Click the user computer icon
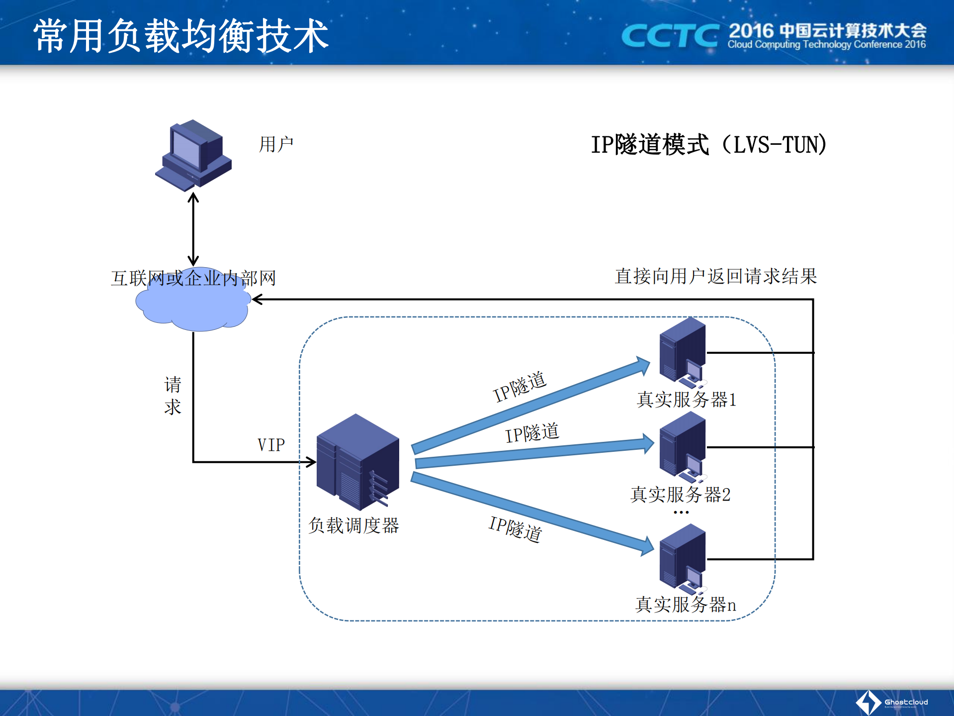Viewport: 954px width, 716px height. [193, 155]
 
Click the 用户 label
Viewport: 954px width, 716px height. [276, 144]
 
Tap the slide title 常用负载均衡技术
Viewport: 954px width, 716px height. [181, 36]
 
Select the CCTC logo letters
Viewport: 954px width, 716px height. [670, 36]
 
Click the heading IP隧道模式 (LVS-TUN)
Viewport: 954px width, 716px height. [708, 145]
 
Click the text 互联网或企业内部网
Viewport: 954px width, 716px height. [193, 278]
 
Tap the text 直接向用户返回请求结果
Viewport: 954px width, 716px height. [716, 276]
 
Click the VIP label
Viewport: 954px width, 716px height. [271, 445]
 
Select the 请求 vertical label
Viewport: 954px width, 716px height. [173, 396]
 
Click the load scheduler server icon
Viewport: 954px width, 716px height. [358, 462]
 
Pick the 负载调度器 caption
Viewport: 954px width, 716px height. [353, 525]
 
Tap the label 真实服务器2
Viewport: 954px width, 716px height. [680, 494]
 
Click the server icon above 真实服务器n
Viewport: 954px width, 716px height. [683, 558]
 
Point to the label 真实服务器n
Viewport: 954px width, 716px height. [686, 605]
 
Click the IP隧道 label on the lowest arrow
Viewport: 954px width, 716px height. [516, 528]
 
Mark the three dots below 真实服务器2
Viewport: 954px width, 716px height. [681, 512]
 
